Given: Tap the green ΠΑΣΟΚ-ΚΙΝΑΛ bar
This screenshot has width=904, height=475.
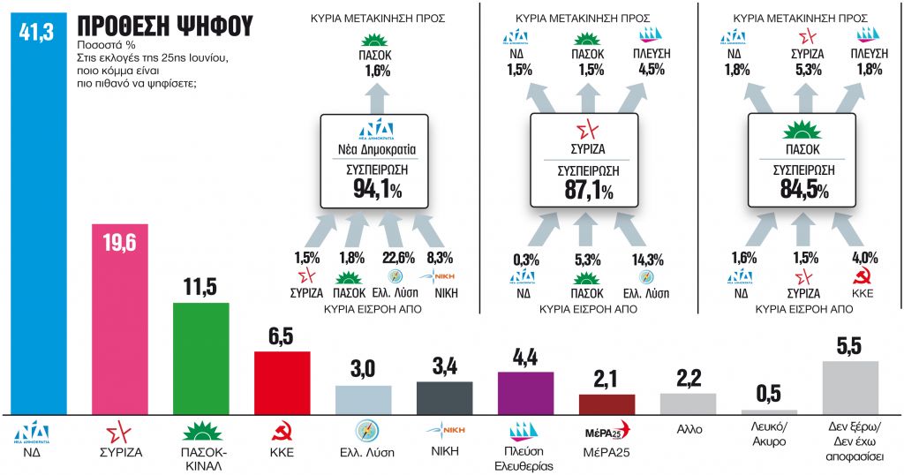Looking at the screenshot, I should pos(200,358).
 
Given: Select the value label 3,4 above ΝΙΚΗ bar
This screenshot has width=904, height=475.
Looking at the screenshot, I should pos(444,366).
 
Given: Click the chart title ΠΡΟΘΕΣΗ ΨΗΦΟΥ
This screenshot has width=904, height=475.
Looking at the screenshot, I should pos(159,26).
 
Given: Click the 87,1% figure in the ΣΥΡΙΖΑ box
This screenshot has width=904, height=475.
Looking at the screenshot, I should pos(583,190).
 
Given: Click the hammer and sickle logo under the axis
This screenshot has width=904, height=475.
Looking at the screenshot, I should pos(282,434).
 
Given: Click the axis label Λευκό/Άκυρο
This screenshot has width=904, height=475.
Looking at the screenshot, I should pos(769,437).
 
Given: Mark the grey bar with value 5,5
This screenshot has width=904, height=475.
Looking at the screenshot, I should pos(850,388).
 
